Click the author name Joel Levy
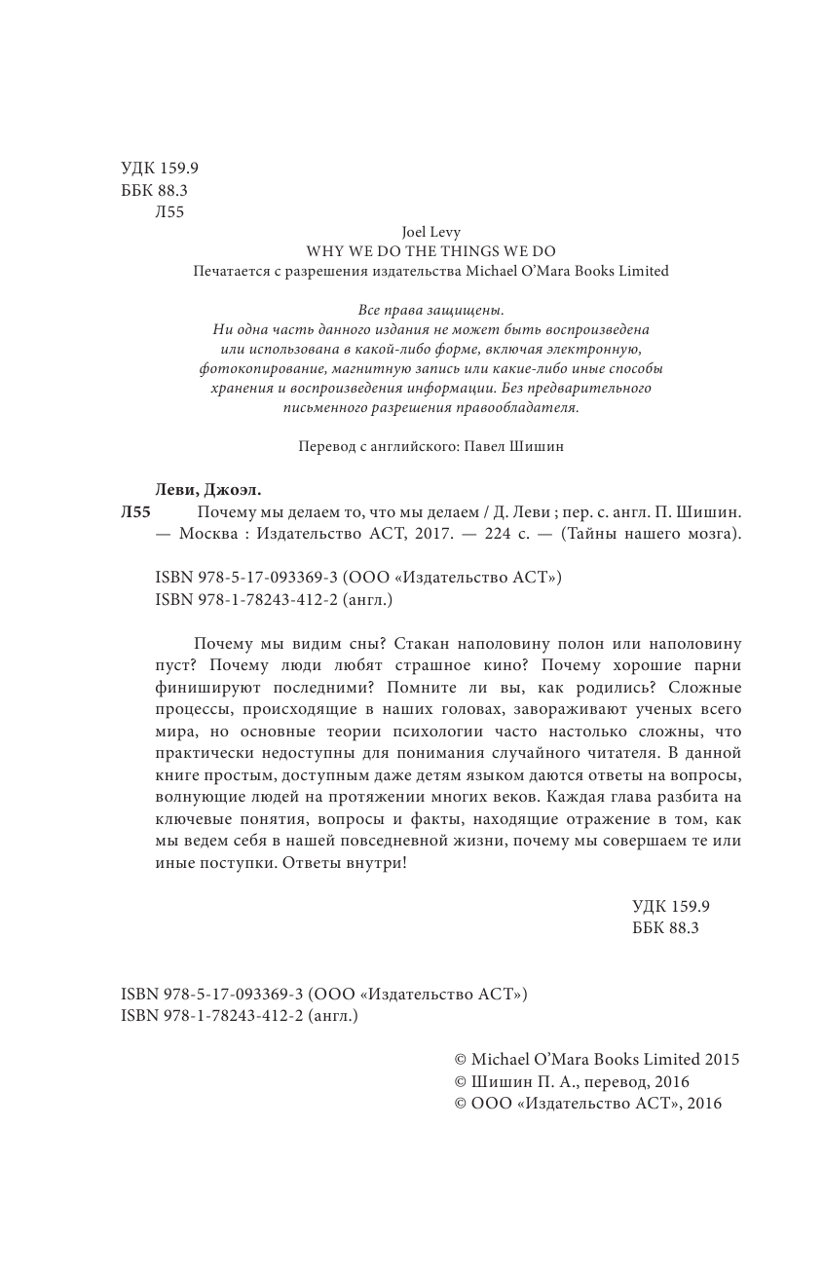(430, 233)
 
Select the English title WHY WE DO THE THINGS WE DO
(430, 251)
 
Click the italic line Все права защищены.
(430, 310)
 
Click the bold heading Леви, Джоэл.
(208, 490)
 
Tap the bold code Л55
(136, 512)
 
